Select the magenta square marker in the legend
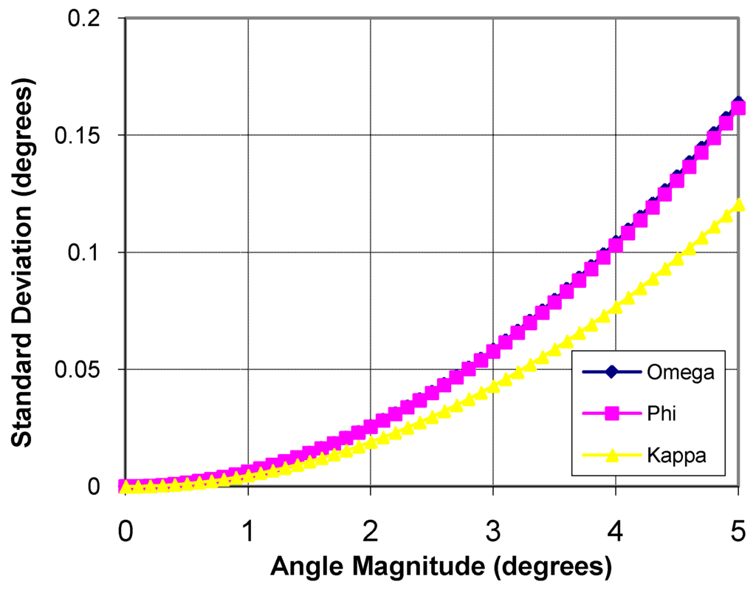coord(610,414)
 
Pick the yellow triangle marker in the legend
coord(610,455)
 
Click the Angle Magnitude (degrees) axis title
coord(441,567)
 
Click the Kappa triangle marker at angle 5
coord(738,204)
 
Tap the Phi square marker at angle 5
coord(738,109)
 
